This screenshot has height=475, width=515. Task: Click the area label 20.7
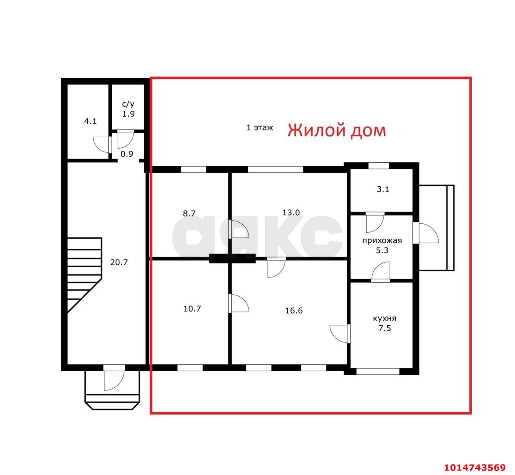[x=119, y=262]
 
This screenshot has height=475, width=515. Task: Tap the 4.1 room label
[x=91, y=121]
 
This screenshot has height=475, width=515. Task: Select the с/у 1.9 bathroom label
[x=128, y=109]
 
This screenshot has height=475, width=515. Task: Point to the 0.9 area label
[x=127, y=153]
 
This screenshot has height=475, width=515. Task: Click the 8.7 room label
[x=189, y=213]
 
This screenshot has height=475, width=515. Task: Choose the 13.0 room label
[x=291, y=213]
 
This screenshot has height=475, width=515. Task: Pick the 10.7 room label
[x=192, y=309]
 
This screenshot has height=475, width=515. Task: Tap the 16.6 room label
[x=294, y=310]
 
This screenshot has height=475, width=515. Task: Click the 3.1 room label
[x=383, y=189]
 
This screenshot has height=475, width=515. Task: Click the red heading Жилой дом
[x=337, y=131]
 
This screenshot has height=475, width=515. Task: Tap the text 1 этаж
[x=260, y=128]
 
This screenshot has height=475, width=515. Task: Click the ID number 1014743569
[x=475, y=467]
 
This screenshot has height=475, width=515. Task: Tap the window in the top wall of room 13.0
[x=275, y=169]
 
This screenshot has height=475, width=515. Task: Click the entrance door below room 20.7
[x=113, y=378]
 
